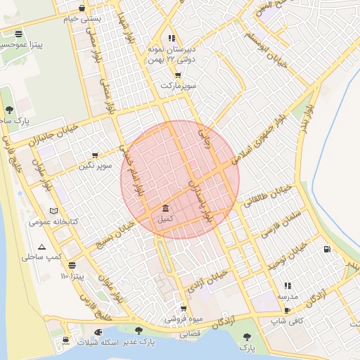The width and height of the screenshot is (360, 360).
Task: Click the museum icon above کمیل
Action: coord(165,209)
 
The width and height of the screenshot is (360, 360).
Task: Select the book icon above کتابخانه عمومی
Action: coord(55,211)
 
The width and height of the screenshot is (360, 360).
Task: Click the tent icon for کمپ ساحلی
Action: coord(42,247)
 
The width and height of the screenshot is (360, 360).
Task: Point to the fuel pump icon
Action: coord(327,249)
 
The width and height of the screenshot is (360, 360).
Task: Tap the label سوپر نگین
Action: coord(96,165)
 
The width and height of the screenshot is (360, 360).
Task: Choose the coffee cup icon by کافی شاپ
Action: coord(287,311)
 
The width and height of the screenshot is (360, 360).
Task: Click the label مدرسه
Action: coord(288,296)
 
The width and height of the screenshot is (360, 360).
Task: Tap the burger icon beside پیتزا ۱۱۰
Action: coord(72,266)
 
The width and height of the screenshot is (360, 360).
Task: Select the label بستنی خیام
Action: coord(83,19)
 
